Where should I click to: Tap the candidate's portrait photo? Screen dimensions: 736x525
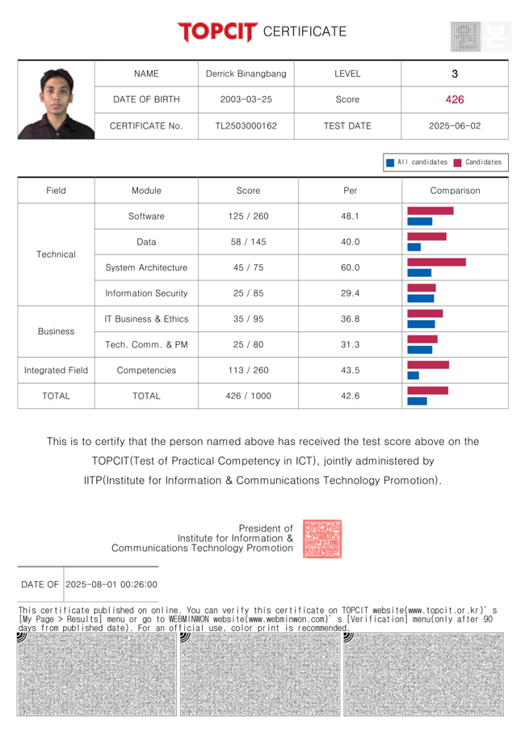point(56,100)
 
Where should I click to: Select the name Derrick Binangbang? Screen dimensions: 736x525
point(246,74)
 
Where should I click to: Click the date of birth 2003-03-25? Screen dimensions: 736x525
point(246,99)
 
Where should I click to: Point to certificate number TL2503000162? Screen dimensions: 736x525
point(246,126)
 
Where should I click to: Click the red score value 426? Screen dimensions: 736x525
point(455,99)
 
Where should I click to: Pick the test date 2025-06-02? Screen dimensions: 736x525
point(455,126)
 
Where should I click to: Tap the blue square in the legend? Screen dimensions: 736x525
point(390,162)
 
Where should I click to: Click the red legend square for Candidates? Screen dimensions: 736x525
point(457,162)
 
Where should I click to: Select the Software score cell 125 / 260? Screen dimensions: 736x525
point(248,216)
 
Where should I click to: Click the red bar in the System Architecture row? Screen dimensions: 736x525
point(436,262)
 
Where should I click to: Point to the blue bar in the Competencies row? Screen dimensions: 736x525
point(414,375)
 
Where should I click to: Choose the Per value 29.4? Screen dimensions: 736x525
point(350,293)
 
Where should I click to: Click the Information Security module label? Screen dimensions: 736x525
point(146,293)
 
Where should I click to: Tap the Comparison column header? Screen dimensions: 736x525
point(455,191)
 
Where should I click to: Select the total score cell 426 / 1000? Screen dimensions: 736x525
point(248,396)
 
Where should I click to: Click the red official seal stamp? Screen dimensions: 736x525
point(321,539)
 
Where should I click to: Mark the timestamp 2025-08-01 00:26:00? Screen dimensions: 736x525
point(111,584)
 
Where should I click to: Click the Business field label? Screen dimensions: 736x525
point(56,331)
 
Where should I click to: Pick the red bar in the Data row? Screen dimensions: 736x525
point(426,236)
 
